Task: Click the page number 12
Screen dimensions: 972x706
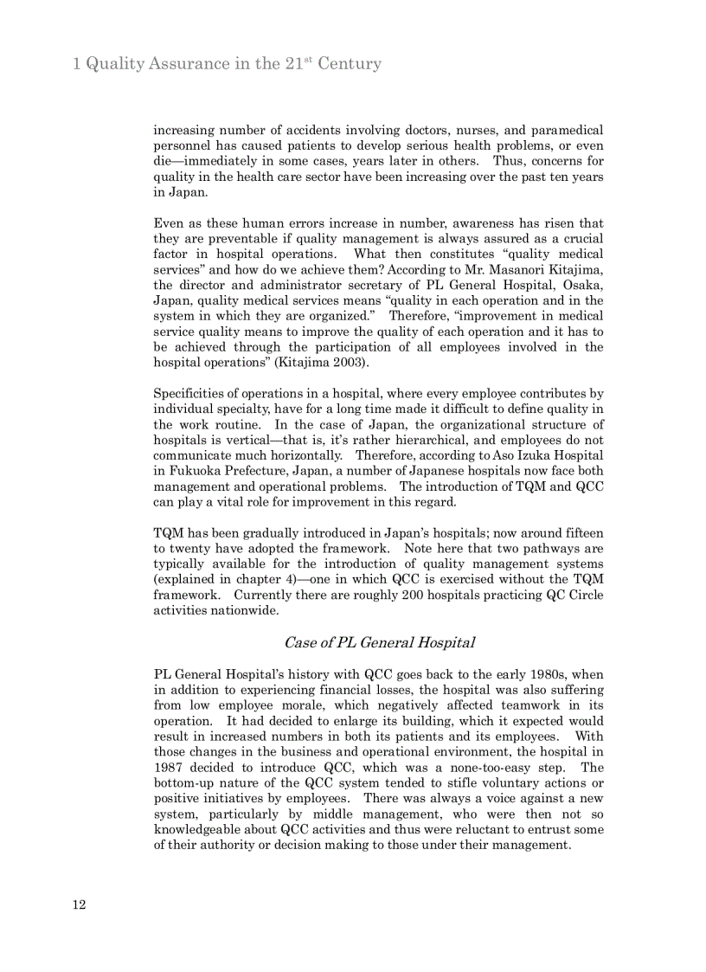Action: coord(79,905)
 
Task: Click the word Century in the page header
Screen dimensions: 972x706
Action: coord(349,64)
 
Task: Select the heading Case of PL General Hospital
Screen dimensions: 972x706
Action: coord(379,642)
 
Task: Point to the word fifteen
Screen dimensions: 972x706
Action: coord(578,533)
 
